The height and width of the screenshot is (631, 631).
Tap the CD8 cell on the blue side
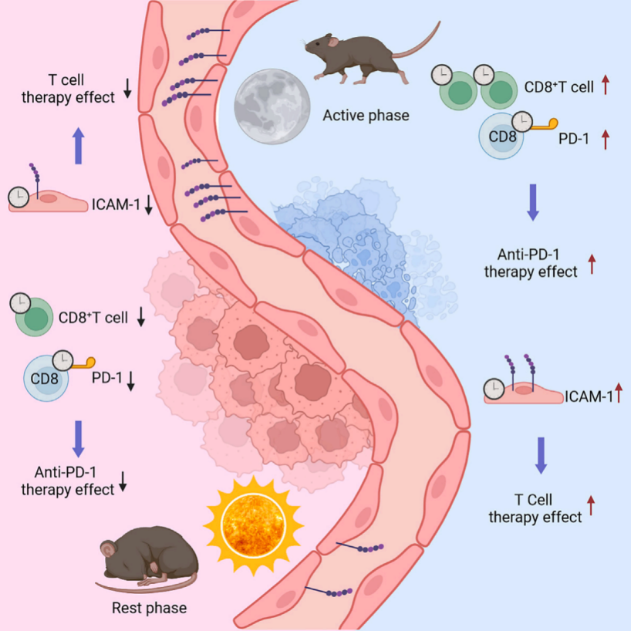tap(505, 137)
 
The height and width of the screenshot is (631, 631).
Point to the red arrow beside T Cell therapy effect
tap(592, 505)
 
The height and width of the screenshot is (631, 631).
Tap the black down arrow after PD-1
tap(131, 380)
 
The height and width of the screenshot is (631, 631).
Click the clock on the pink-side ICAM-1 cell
tap(18, 197)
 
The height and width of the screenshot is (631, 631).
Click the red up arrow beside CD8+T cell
tap(606, 86)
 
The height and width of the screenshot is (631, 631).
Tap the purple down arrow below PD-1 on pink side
tap(78, 438)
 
